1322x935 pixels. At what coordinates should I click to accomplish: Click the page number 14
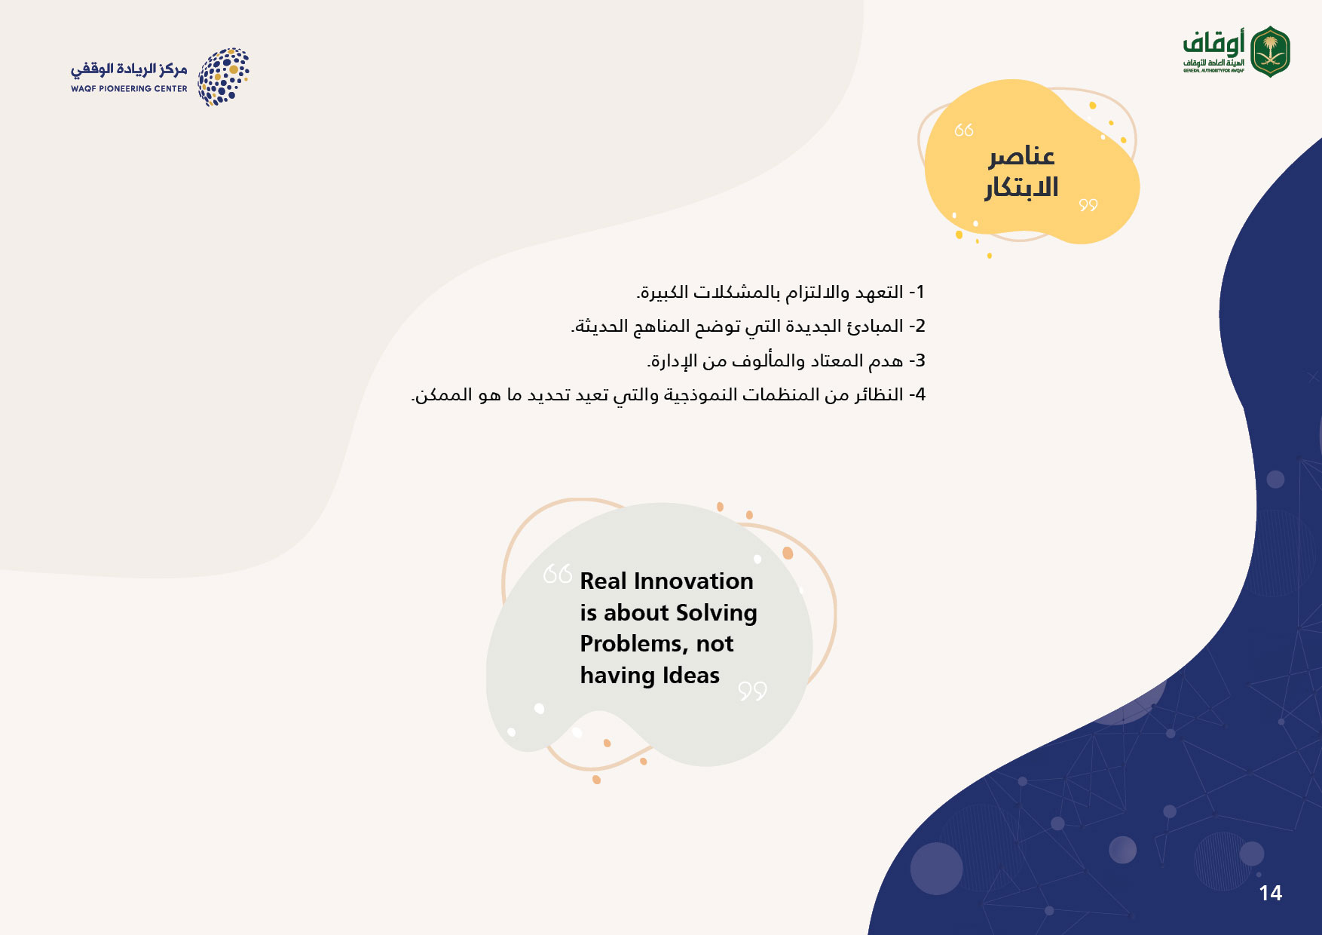(x=1270, y=894)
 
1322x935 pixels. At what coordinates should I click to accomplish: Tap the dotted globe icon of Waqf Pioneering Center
(x=224, y=77)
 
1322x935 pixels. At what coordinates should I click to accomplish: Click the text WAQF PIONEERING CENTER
(x=129, y=89)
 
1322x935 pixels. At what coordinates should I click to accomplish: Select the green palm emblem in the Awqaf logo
(x=1271, y=51)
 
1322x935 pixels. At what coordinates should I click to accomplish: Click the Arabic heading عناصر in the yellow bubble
(x=1021, y=156)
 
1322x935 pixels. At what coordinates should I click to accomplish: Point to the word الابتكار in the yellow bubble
(x=1021, y=187)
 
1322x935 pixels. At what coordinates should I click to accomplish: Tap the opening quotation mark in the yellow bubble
(x=964, y=130)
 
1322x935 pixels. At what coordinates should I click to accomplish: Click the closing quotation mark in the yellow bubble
(x=1088, y=204)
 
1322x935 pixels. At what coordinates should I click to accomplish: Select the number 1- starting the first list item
(x=917, y=292)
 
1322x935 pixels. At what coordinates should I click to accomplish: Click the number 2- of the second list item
(x=917, y=326)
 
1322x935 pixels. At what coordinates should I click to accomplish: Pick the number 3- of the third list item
(x=917, y=360)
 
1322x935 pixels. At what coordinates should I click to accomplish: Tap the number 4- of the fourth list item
(x=917, y=394)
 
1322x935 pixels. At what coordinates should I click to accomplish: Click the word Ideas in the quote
(x=691, y=676)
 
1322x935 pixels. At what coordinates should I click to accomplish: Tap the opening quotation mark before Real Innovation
(x=558, y=574)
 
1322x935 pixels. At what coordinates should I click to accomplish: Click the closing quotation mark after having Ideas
(x=752, y=691)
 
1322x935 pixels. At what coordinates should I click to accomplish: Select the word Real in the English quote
(x=603, y=581)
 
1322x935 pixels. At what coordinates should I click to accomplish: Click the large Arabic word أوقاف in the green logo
(x=1213, y=44)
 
